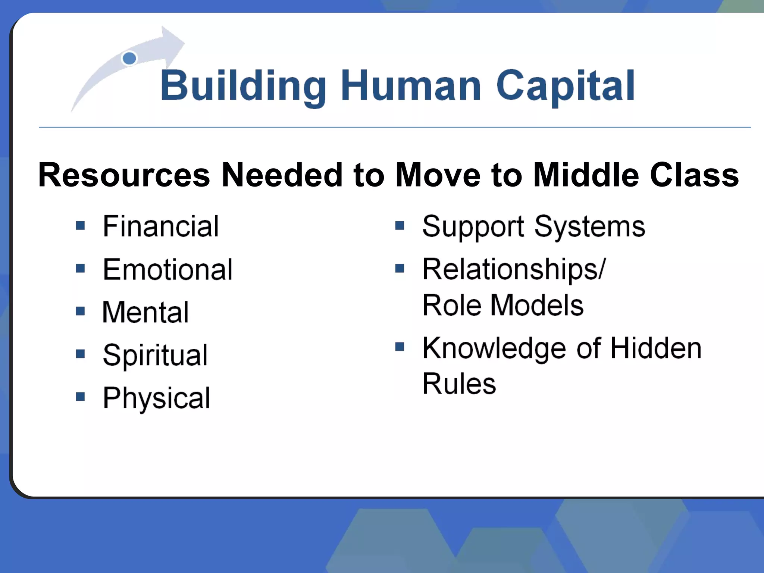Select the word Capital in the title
(x=566, y=87)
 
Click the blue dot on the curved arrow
(x=129, y=59)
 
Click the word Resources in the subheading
(x=124, y=175)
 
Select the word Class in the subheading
(x=694, y=175)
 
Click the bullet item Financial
(x=161, y=226)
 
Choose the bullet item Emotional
(x=167, y=270)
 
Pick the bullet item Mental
(x=145, y=313)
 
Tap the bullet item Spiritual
(x=155, y=355)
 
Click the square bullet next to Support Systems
(x=400, y=225)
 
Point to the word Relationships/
(x=514, y=269)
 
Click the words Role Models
(x=502, y=305)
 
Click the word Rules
(x=459, y=383)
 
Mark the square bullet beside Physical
(x=80, y=396)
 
